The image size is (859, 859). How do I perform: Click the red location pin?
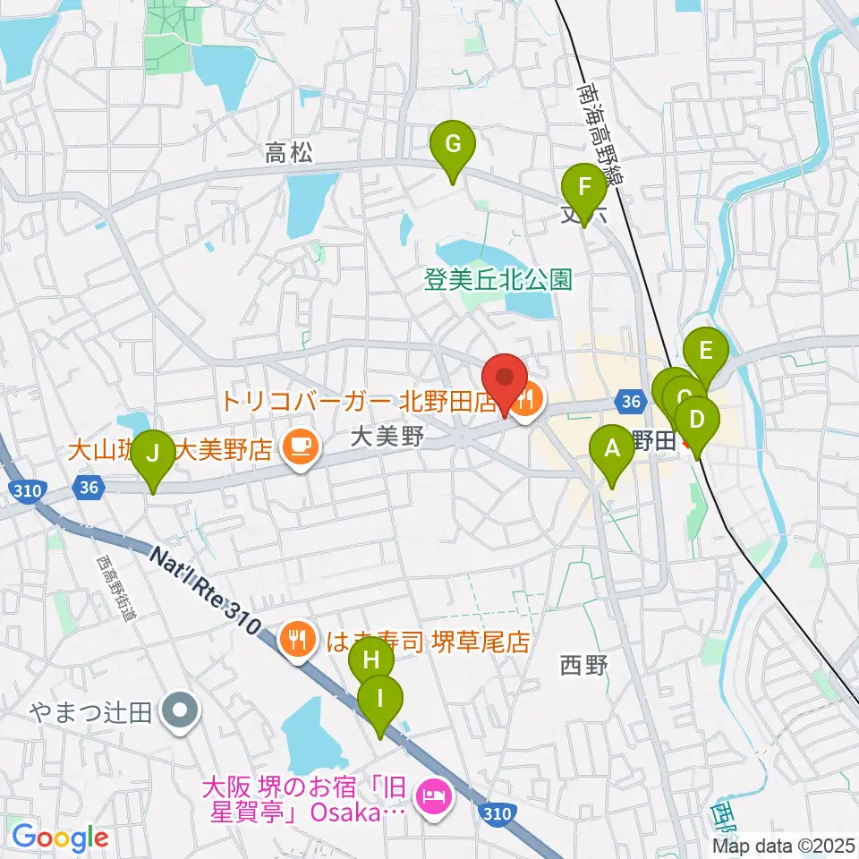pyautogui.click(x=505, y=383)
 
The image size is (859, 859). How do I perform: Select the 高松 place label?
pyautogui.click(x=289, y=154)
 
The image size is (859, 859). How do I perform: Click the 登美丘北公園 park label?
pyautogui.click(x=498, y=280)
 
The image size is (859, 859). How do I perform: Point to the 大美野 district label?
pyautogui.click(x=385, y=438)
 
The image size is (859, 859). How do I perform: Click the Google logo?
pyautogui.click(x=60, y=837)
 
